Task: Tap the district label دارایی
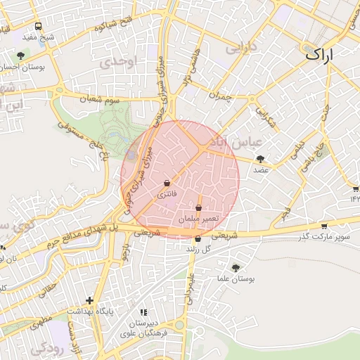[x=241, y=49]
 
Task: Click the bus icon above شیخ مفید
[x=37, y=27]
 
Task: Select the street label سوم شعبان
[x=101, y=99]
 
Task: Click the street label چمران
[x=219, y=95]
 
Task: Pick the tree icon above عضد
[x=261, y=160]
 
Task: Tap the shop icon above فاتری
[x=167, y=182]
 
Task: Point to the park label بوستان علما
[x=236, y=278]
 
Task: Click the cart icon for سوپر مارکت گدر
[x=323, y=226]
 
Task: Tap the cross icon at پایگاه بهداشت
[x=89, y=300]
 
